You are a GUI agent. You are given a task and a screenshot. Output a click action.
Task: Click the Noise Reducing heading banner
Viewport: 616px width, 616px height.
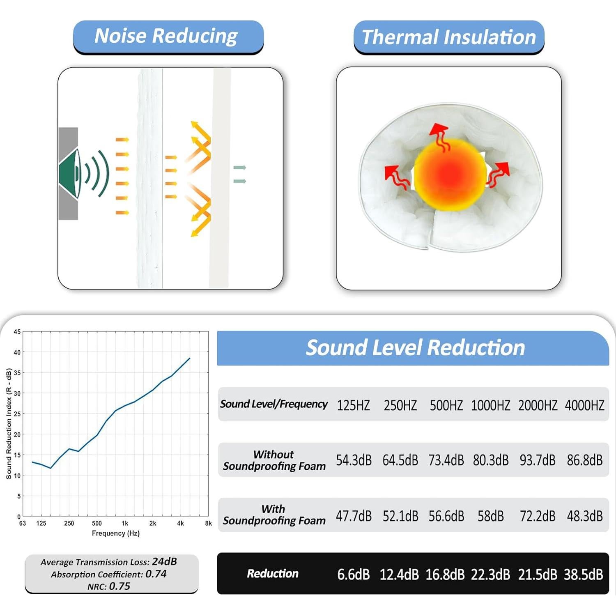click(168, 36)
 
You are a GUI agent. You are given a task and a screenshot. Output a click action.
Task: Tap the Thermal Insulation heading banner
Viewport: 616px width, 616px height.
click(449, 37)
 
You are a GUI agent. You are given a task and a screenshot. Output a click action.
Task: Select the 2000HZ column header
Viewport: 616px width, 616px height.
click(538, 405)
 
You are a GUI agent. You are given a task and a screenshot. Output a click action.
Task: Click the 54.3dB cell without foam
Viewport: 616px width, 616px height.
click(354, 460)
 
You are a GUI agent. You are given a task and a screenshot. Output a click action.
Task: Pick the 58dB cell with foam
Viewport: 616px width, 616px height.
click(490, 516)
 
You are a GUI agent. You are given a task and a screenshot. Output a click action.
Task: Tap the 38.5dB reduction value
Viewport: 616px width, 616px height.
click(583, 575)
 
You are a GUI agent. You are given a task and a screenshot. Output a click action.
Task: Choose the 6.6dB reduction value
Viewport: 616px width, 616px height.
click(354, 575)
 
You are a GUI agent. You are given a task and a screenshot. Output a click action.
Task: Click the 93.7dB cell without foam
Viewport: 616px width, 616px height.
click(538, 460)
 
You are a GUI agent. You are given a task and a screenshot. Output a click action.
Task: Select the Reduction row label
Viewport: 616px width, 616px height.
click(273, 574)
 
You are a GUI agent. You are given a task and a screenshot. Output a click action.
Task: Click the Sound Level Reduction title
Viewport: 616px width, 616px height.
click(415, 348)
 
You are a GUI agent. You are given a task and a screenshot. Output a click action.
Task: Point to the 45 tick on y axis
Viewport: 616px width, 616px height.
click(17, 332)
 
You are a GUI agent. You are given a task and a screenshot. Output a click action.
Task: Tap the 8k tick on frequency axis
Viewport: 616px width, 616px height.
click(209, 524)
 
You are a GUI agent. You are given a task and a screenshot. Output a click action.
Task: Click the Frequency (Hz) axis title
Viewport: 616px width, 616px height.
click(116, 533)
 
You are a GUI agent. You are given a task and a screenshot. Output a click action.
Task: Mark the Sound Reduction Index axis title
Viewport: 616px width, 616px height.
click(9, 423)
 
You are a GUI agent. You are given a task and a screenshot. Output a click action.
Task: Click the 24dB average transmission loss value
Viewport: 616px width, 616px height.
click(164, 561)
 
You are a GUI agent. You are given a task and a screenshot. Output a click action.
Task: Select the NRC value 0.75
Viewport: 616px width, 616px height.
click(120, 586)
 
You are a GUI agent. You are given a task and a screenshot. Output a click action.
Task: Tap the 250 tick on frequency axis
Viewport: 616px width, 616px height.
click(69, 524)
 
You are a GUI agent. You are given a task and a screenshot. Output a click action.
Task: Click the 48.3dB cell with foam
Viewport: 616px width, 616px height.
click(584, 516)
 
